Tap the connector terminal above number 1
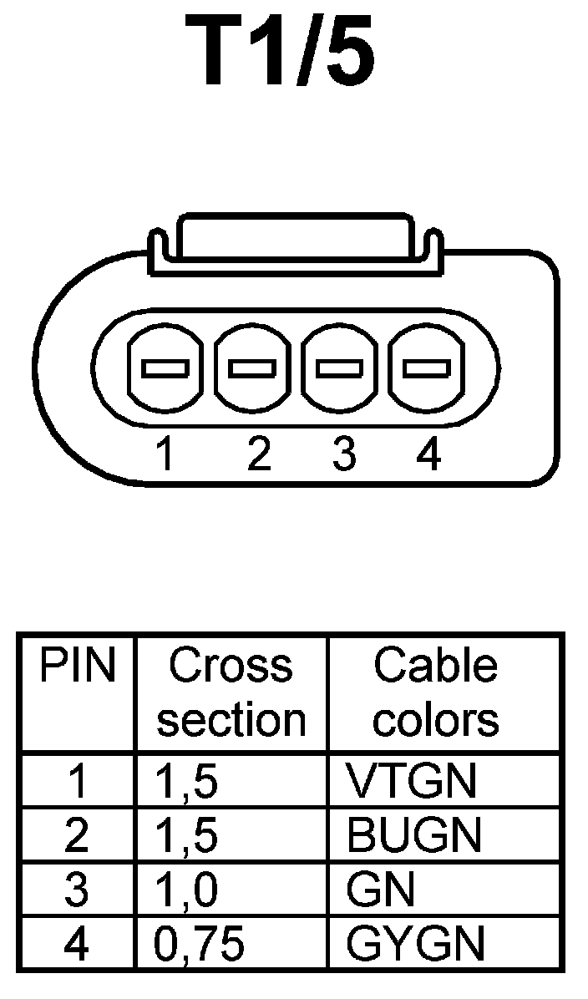tap(165, 368)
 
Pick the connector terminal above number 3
tap(339, 368)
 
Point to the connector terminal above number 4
tap(426, 368)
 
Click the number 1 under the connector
tap(165, 454)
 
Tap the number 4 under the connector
tap(428, 454)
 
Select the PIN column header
tap(77, 666)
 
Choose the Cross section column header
tap(231, 692)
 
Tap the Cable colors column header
tap(435, 692)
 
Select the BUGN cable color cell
tap(414, 835)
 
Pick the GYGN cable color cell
tap(415, 944)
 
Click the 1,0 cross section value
tap(187, 890)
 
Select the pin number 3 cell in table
tap(77, 890)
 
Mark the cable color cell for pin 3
tap(380, 890)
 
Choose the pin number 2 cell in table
tap(77, 835)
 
